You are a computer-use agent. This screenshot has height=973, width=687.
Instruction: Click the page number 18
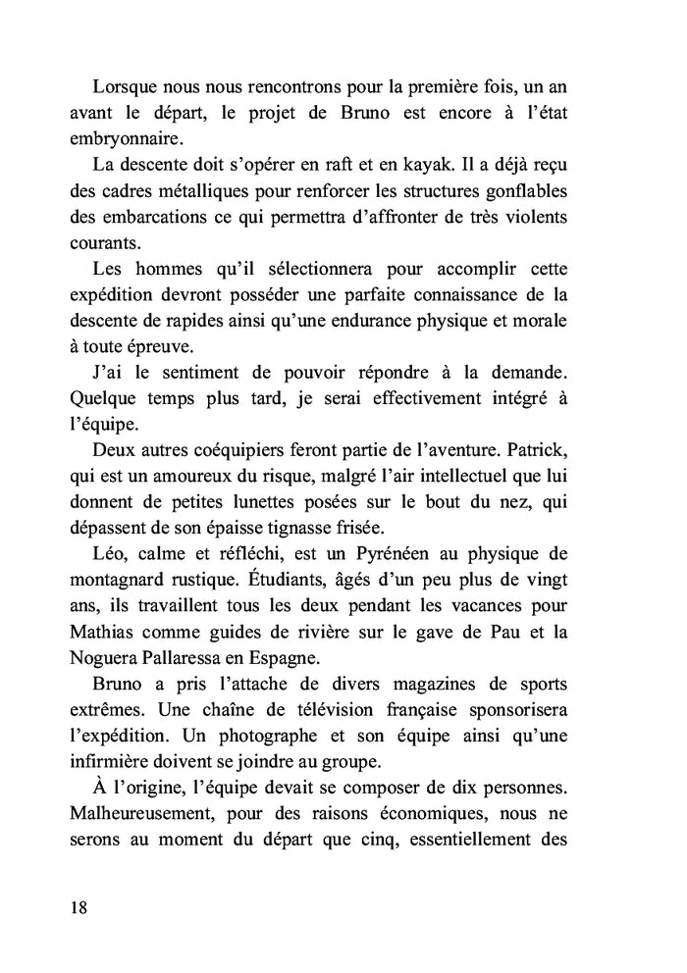click(79, 906)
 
